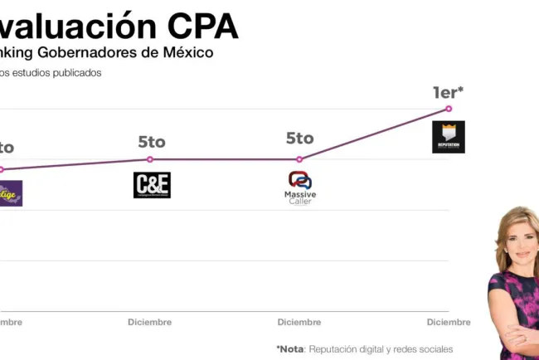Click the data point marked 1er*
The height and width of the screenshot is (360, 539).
(449, 109)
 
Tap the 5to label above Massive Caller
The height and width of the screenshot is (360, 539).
(299, 139)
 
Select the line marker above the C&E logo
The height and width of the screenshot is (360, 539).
(150, 159)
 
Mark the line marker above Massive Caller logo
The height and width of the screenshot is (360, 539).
(299, 159)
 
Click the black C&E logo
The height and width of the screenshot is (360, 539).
(152, 184)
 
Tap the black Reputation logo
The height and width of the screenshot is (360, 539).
(449, 137)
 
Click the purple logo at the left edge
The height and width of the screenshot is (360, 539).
(11, 193)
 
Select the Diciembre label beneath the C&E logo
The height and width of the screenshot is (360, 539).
(150, 322)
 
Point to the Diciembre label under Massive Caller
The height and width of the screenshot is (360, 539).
(299, 322)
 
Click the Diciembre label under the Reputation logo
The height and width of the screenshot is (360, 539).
(449, 322)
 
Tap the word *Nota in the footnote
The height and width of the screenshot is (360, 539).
(290, 349)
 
